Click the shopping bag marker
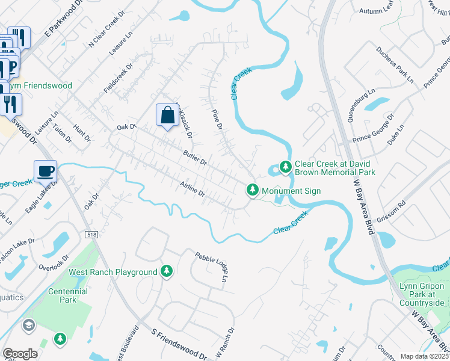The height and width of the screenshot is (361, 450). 167,115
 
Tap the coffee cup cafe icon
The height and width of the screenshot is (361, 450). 45,171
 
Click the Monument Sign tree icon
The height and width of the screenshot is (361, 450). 253,191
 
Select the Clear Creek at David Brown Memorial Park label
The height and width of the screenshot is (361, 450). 334,168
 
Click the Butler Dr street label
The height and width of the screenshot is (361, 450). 195,158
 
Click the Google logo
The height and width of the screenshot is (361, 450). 20,354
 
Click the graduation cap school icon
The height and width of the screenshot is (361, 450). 28,326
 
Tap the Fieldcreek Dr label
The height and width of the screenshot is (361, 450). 118,77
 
